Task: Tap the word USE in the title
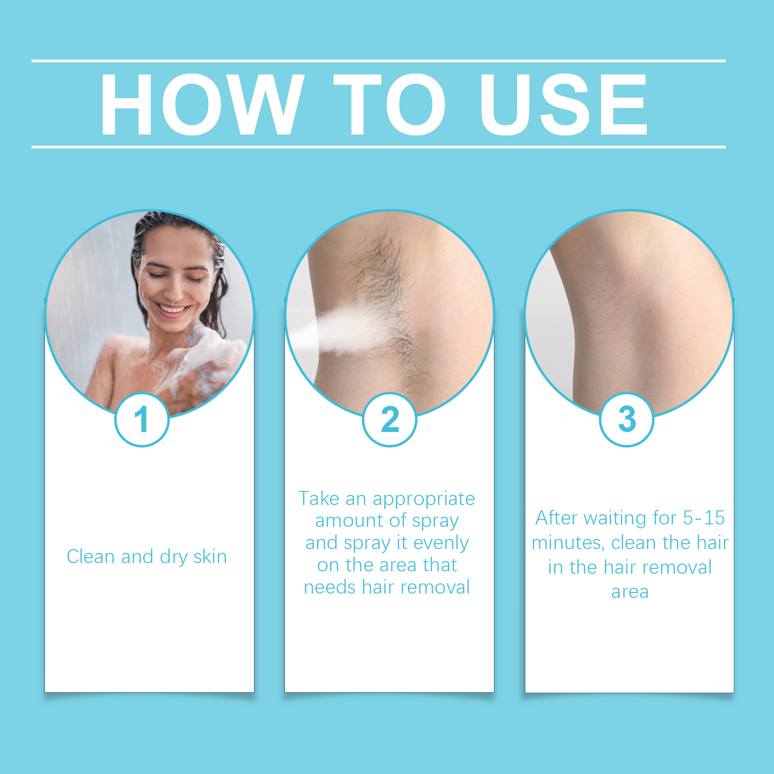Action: (563, 104)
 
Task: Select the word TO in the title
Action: (390, 104)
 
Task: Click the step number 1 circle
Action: (142, 419)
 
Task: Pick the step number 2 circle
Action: (389, 419)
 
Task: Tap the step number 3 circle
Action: (626, 419)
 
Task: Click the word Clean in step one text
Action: (91, 556)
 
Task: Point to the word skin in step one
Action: (210, 556)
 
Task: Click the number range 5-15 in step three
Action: (704, 518)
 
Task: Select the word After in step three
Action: (556, 518)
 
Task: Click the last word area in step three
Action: (630, 592)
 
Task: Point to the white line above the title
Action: (378, 61)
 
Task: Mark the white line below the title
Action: (378, 147)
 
